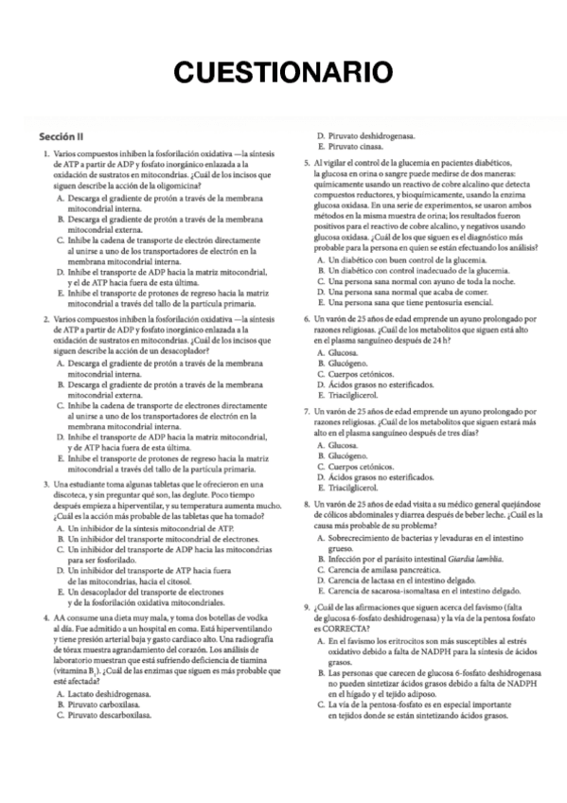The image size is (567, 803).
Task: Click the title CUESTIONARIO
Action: pyautogui.click(x=283, y=72)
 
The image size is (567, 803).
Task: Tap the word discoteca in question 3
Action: pyautogui.click(x=62, y=496)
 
